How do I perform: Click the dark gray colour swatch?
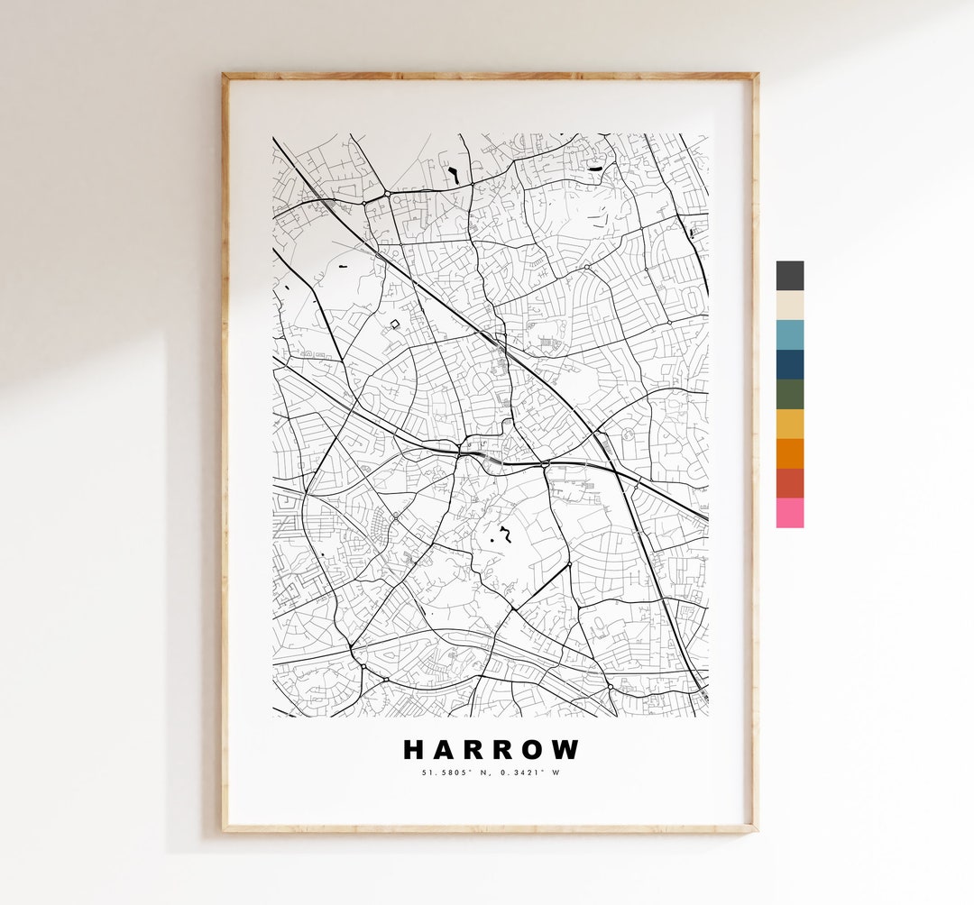point(789,275)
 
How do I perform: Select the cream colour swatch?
point(789,305)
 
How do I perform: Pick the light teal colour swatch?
point(789,334)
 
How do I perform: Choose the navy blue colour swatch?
point(789,364)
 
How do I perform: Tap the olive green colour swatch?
point(789,394)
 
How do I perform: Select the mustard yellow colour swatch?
point(789,424)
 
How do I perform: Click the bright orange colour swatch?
point(789,453)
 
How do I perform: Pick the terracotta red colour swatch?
point(789,483)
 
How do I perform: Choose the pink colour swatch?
point(789,513)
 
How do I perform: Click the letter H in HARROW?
point(414,750)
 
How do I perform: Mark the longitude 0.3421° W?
point(528,772)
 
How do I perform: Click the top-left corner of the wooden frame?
point(225,76)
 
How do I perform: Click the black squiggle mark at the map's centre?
point(507,535)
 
